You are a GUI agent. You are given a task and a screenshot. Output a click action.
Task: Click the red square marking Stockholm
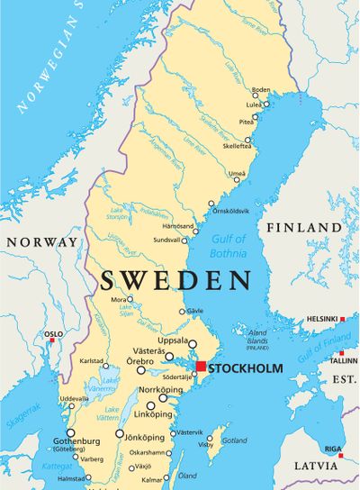tap(201, 367)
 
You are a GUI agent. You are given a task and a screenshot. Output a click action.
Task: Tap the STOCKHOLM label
tap(245, 368)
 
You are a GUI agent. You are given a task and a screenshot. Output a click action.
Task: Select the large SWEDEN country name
tap(175, 280)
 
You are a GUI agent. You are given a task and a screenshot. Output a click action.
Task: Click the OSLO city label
tap(54, 334)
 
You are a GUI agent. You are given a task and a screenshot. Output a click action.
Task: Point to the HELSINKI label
tap(321, 319)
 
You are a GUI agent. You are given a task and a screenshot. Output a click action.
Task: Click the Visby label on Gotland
tap(206, 443)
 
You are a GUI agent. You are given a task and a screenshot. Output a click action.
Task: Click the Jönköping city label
tap(142, 433)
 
